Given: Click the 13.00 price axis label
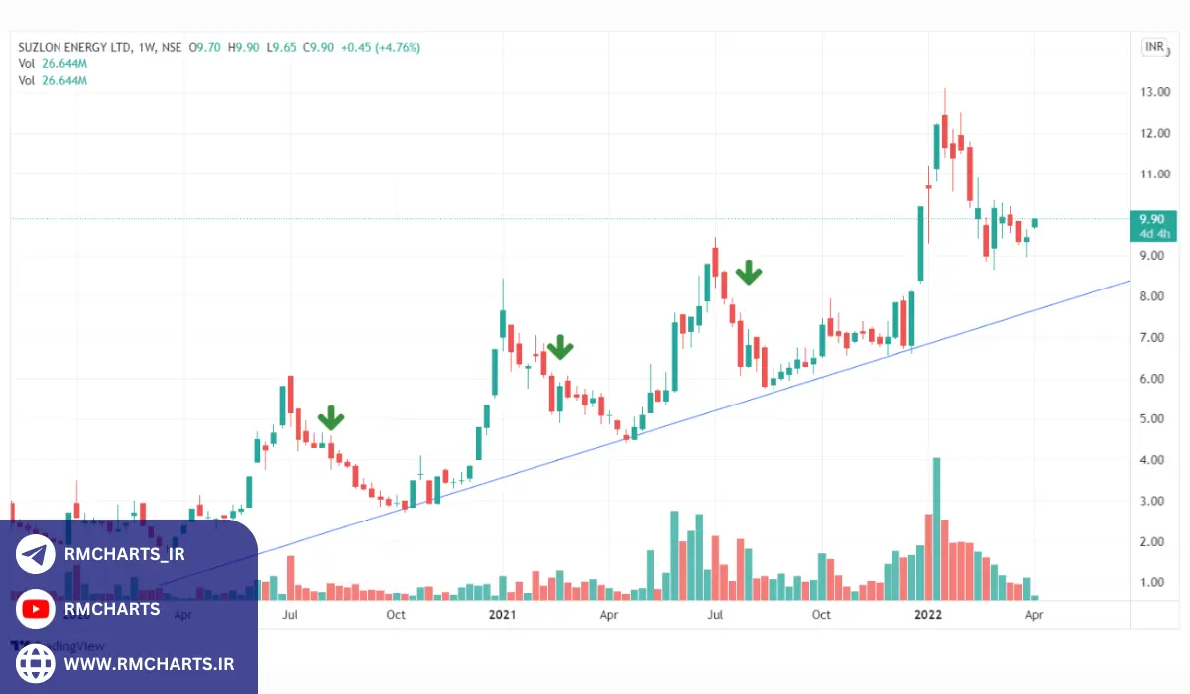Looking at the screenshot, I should (x=1153, y=92).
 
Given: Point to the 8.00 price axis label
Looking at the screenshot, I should (x=1153, y=296).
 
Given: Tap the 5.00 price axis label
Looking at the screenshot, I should (x=1153, y=419).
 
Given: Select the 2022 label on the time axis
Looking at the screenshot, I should (x=927, y=615).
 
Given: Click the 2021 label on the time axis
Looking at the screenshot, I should (x=503, y=615).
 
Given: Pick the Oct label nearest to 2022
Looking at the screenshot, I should (x=821, y=615).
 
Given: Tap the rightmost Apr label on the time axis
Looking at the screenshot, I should (x=1033, y=615).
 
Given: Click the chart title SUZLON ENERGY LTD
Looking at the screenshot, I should (x=72, y=47).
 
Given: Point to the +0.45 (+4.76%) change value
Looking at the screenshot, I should (x=380, y=47).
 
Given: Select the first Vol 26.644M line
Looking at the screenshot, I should (x=53, y=63).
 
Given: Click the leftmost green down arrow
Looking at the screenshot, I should (x=329, y=418).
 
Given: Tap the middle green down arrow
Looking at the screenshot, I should (x=560, y=347).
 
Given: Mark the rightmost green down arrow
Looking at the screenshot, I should (x=749, y=273).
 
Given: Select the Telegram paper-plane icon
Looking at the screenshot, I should (x=36, y=554).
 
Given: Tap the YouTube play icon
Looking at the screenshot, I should (x=36, y=609).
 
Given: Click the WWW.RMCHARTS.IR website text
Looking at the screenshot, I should (x=149, y=663).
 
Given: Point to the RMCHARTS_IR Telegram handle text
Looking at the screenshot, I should (x=124, y=554).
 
